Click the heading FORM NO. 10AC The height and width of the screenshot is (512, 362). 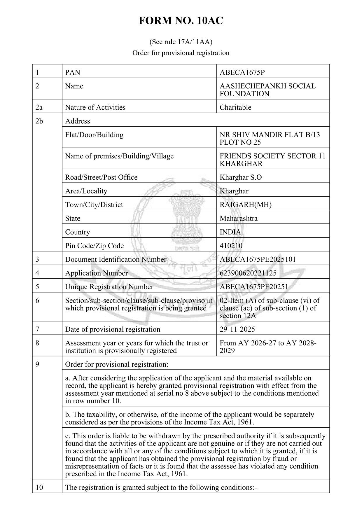[x=181, y=21]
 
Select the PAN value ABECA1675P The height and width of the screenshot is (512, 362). [x=242, y=72]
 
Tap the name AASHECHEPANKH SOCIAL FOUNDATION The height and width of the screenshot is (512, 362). [x=267, y=90]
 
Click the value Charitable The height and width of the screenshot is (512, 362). [x=235, y=107]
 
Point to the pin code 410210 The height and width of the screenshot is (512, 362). [x=231, y=246]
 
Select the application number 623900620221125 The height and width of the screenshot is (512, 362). [x=248, y=273]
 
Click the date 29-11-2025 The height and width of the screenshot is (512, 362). [x=237, y=329]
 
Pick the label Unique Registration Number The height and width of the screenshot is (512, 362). [x=109, y=287]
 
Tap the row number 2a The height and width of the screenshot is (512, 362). [x=39, y=107]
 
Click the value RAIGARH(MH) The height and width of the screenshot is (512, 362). [x=245, y=205]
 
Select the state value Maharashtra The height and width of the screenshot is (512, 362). [x=238, y=218]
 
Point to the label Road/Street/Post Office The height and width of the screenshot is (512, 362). [x=101, y=177]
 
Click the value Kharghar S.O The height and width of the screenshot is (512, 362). [x=240, y=177]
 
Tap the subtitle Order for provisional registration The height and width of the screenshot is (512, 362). [x=181, y=53]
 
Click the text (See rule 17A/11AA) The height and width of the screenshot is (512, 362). [x=181, y=42]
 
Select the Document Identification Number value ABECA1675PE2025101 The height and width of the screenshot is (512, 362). [x=258, y=259]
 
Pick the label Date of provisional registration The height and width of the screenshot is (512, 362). [x=113, y=329]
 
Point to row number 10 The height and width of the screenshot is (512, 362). [x=39, y=487]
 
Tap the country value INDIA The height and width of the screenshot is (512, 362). [x=230, y=232]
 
